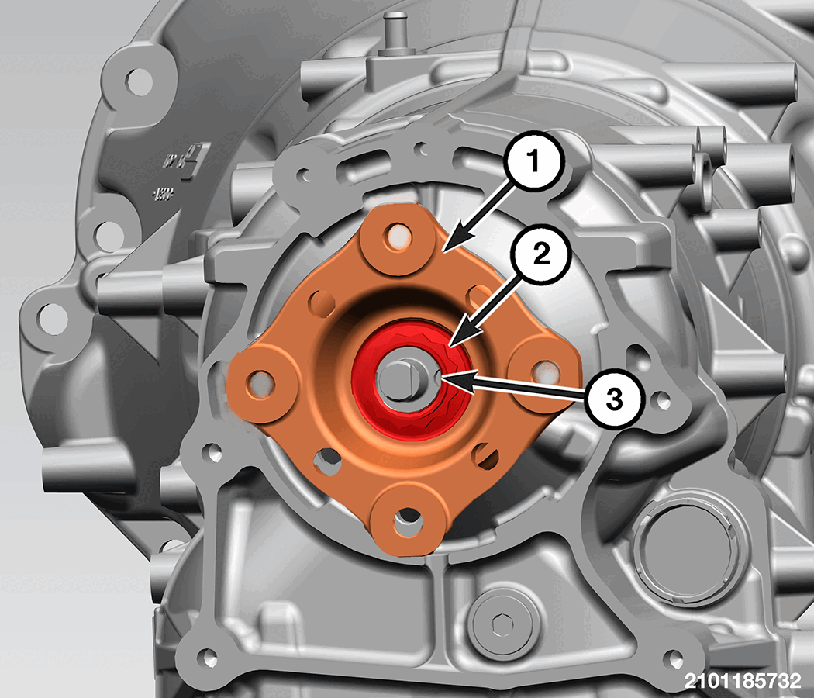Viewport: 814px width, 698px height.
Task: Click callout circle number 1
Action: coord(533,161)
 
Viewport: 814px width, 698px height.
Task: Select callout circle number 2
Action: coord(541,254)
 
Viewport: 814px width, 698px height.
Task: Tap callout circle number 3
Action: coord(615,399)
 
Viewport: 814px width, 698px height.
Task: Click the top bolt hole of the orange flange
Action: coord(398,237)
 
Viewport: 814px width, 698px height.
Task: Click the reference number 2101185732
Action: coord(743,680)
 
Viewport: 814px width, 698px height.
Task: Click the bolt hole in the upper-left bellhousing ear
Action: coord(139,81)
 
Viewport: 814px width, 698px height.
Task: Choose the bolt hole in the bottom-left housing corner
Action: coord(208,658)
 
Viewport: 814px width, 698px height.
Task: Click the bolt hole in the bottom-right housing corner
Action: coord(675,659)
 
